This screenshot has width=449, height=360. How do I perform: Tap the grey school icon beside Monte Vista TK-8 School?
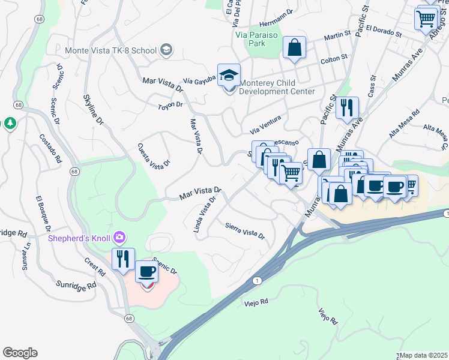(167, 50)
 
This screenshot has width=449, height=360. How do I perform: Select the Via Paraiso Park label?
(258, 39)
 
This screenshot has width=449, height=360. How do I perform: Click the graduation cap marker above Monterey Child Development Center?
(229, 75)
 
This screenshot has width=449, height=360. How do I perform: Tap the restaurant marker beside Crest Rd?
(123, 259)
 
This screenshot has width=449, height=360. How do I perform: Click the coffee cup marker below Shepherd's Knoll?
(147, 272)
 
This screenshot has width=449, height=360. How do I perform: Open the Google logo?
(20, 353)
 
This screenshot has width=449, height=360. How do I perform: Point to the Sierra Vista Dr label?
(245, 231)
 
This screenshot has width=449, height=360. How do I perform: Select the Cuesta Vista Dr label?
(154, 155)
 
